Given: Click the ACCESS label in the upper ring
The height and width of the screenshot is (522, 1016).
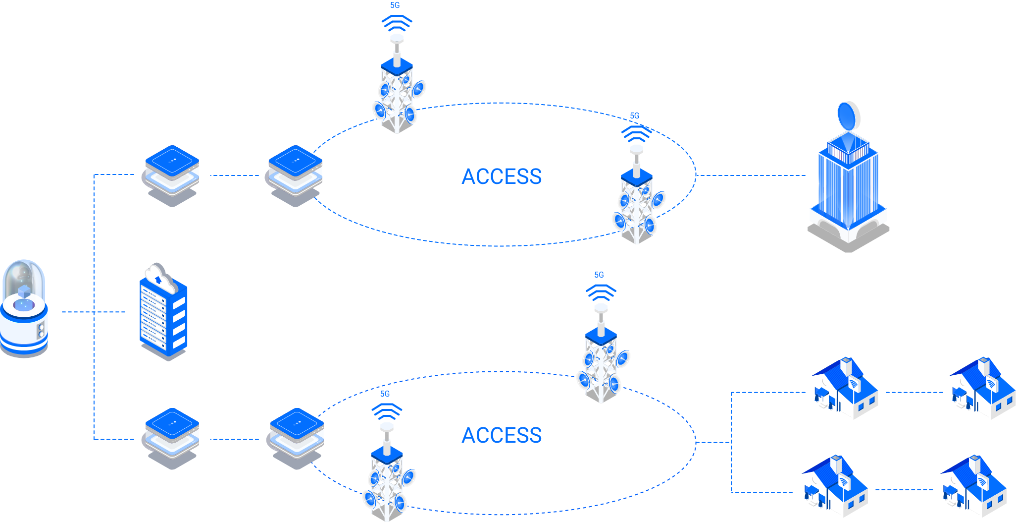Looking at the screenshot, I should tap(502, 176).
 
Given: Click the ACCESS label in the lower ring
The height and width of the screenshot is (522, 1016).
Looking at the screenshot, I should tap(502, 435).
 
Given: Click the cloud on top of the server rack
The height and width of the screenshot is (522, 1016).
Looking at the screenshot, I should tap(159, 277).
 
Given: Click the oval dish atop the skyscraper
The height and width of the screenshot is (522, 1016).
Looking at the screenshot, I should tap(847, 117).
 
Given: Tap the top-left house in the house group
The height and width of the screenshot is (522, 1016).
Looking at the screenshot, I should tap(845, 390).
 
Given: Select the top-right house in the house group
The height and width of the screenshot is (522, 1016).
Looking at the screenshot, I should tap(982, 390).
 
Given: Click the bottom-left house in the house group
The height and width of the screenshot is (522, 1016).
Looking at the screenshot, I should tap(835, 488).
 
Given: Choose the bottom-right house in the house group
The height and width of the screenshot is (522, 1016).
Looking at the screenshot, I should tap(973, 488).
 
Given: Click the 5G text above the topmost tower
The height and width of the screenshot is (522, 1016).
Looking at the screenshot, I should tap(395, 5).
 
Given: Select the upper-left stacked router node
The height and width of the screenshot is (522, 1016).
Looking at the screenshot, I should tap(172, 176).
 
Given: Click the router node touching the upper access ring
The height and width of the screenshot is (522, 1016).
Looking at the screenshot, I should tap(296, 176).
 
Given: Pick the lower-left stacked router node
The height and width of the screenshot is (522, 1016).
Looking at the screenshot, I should tap(172, 439).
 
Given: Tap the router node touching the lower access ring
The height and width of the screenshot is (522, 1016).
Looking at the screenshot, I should tap(297, 439).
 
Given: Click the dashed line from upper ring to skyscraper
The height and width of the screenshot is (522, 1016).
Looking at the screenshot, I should tap(750, 175).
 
